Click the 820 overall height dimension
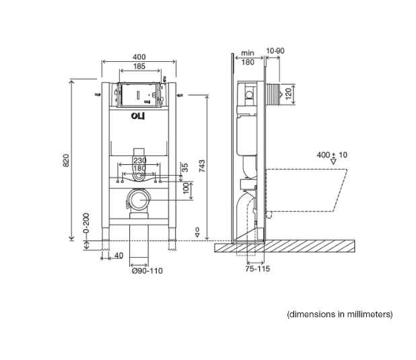[66, 160]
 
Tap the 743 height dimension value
[202, 166]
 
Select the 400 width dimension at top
[139, 57]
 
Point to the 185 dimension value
[139, 66]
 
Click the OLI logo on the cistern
[138, 116]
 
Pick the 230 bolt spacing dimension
[139, 160]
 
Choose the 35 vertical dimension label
[185, 168]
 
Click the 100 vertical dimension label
[186, 188]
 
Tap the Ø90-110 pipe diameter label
[147, 271]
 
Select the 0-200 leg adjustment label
[86, 223]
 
